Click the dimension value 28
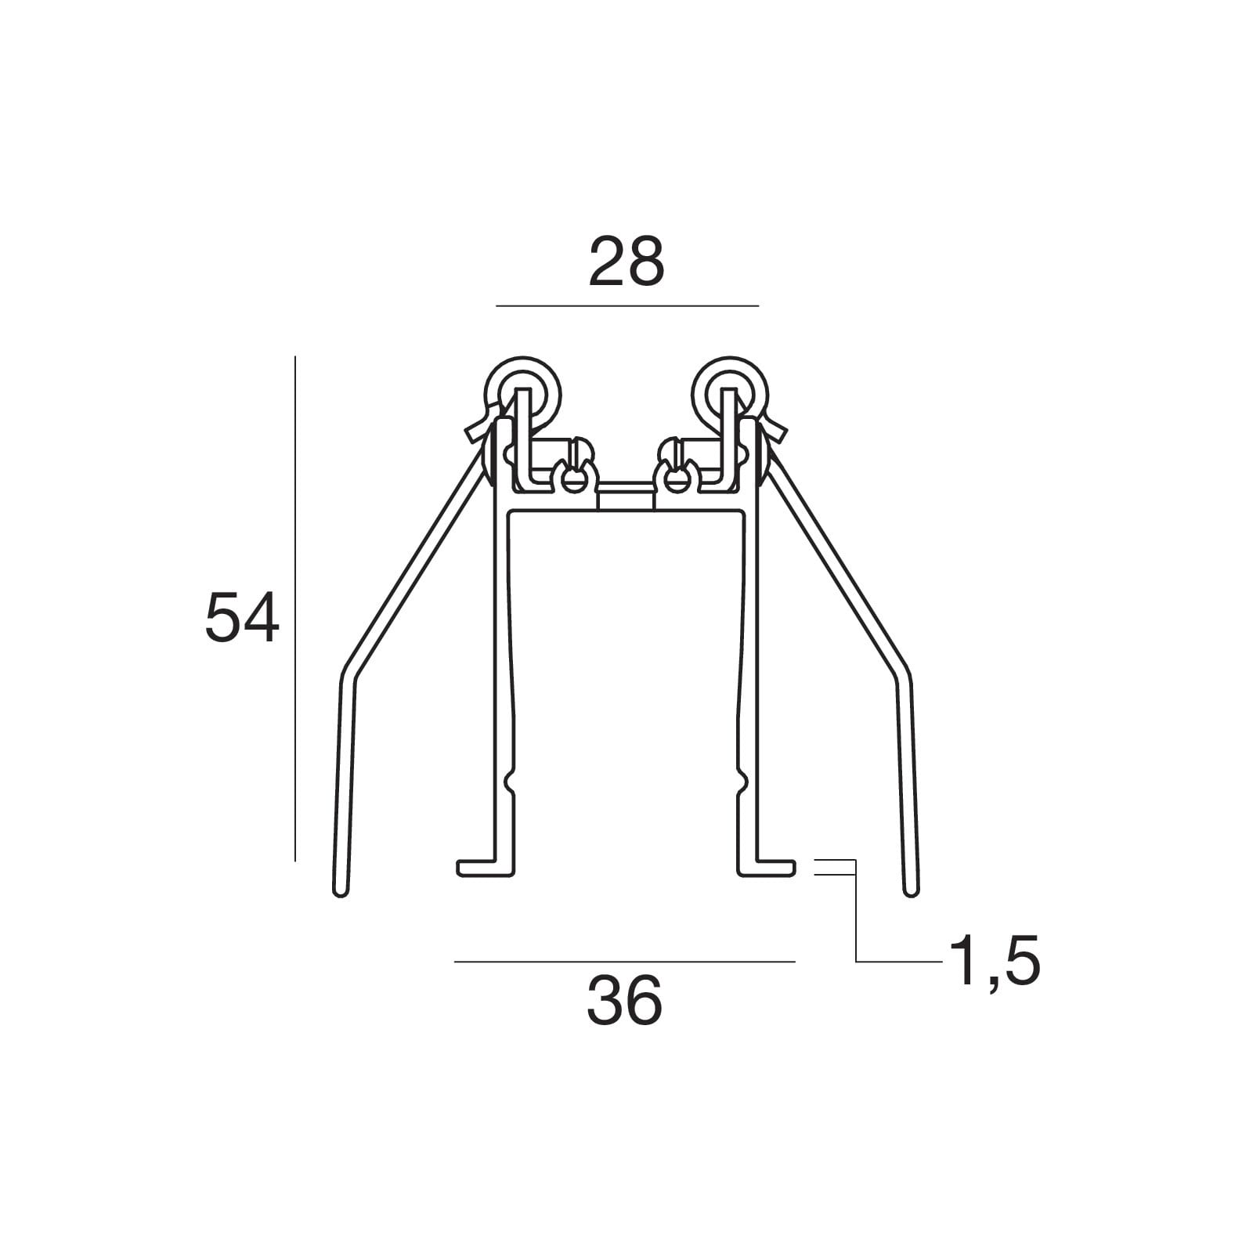pos(626,262)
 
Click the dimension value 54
pos(242,617)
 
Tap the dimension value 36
pos(625,1001)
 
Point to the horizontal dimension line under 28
pos(628,305)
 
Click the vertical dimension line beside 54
pos(295,608)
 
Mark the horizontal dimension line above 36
pos(625,961)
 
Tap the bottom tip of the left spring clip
pos(341,892)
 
